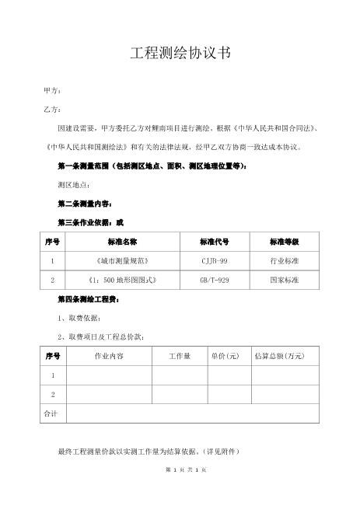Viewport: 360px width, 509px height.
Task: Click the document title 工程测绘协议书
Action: (180, 54)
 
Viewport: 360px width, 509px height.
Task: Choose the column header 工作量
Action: (180, 356)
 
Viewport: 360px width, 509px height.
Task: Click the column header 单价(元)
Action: (225, 356)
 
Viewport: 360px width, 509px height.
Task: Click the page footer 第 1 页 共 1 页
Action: (180, 472)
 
